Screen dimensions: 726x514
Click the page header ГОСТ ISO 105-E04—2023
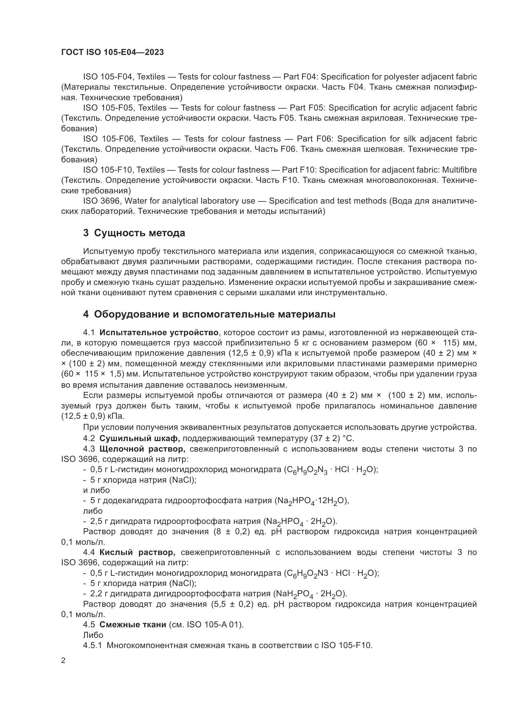112,52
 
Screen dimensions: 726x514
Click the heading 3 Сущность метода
134,233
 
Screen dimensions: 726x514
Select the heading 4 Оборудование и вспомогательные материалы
209,314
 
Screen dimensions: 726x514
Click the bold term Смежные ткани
133,625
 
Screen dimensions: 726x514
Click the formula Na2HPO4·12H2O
311,501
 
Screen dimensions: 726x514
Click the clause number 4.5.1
92,645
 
